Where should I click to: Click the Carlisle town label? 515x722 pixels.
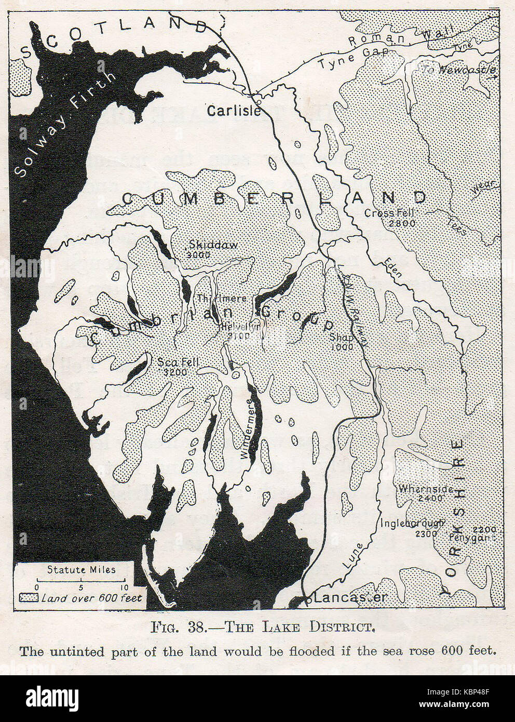pyautogui.click(x=234, y=111)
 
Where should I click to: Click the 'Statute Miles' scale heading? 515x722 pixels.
pyautogui.click(x=82, y=569)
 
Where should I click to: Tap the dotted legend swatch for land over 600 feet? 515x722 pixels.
pyautogui.click(x=29, y=598)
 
